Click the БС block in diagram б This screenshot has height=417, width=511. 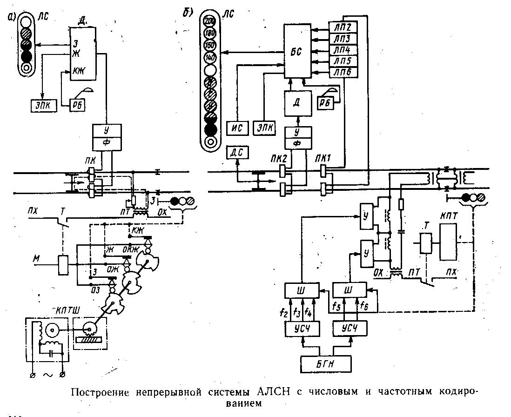(x=298, y=52)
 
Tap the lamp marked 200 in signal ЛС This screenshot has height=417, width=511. (x=210, y=21)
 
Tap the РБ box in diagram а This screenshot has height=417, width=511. (x=76, y=106)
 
